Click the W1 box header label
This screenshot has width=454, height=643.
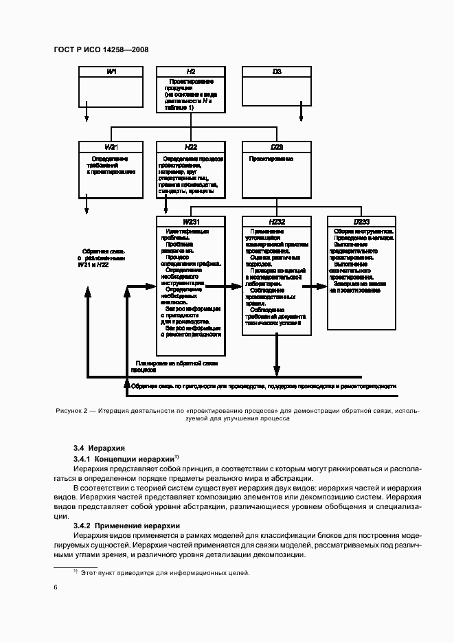(x=112, y=71)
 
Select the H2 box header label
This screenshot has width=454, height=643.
(x=191, y=71)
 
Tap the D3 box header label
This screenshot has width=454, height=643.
(x=276, y=71)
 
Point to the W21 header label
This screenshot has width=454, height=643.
(x=112, y=147)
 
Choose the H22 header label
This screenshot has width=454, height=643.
(x=191, y=147)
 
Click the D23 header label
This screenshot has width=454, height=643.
(x=276, y=147)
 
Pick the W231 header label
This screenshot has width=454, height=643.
(x=191, y=222)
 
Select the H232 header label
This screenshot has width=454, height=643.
(x=276, y=222)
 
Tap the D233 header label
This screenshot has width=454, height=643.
(x=361, y=222)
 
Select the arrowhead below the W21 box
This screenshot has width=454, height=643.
(x=87, y=212)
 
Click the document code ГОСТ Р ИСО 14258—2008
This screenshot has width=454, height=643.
(x=100, y=49)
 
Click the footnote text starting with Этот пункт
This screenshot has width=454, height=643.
(x=165, y=572)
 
